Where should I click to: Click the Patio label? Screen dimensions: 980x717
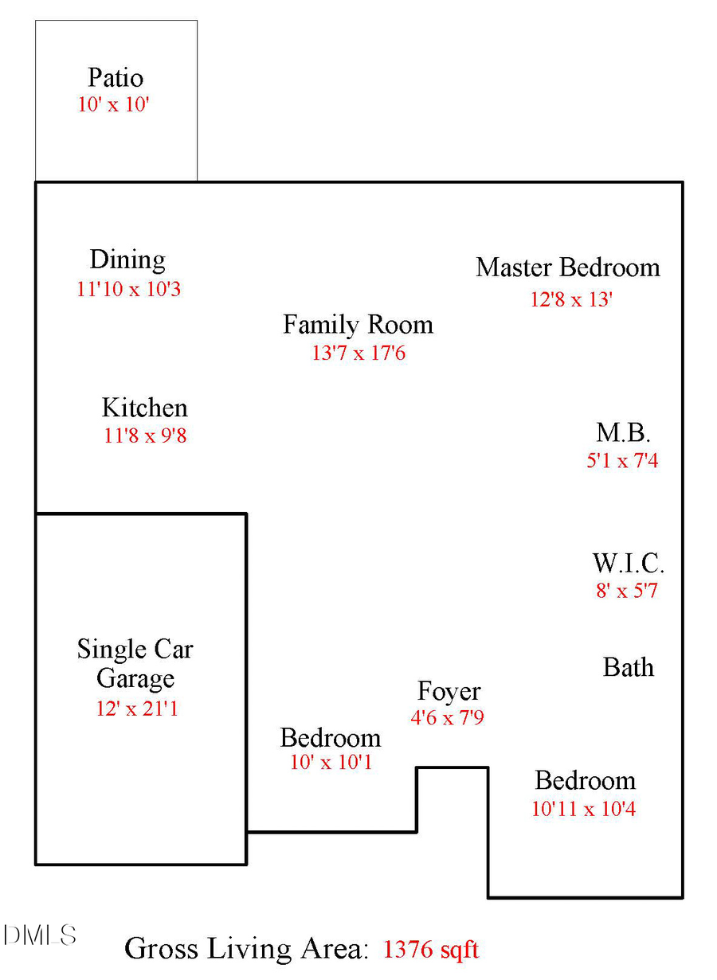(x=116, y=78)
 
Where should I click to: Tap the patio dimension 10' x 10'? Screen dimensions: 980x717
(x=113, y=104)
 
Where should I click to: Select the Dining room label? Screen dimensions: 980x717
(x=127, y=260)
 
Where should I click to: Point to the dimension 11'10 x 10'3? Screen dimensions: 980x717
(x=128, y=288)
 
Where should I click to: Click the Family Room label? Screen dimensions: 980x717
(x=358, y=325)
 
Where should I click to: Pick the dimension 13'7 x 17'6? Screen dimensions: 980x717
(x=358, y=353)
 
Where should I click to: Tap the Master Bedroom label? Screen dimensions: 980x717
(x=568, y=267)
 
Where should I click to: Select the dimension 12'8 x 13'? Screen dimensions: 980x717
(x=571, y=299)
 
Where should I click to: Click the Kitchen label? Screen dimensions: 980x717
(x=144, y=408)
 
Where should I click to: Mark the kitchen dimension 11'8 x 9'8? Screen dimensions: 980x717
(x=145, y=435)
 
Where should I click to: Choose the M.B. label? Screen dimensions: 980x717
(x=624, y=433)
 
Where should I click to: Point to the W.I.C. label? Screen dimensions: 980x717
(x=628, y=564)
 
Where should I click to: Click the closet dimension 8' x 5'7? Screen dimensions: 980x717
(x=627, y=591)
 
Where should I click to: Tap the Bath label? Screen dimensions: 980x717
(x=629, y=667)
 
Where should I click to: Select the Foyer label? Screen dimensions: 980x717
(x=449, y=691)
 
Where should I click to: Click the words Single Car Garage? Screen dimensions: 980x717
(x=135, y=664)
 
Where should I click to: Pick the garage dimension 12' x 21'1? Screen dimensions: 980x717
(x=137, y=708)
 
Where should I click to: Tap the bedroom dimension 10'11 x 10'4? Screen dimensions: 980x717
(x=583, y=809)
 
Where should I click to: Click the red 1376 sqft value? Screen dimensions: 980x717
(x=431, y=949)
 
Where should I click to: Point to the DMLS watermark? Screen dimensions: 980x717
(x=39, y=935)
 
